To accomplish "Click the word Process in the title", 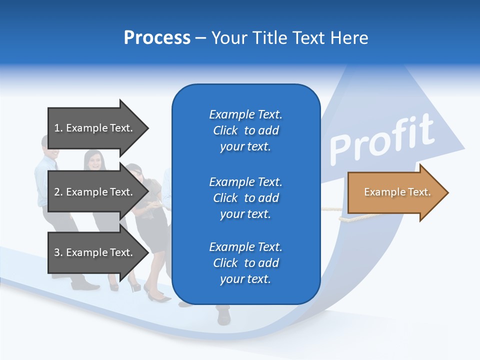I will pyautogui.click(x=157, y=38).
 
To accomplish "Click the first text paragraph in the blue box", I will pyautogui.click(x=245, y=130).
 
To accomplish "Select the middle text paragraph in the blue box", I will pyautogui.click(x=245, y=198).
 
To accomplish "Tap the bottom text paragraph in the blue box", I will pyautogui.click(x=245, y=263).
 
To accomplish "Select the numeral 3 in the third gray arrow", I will pyautogui.click(x=57, y=252).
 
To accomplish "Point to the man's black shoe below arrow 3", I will pyautogui.click(x=85, y=286).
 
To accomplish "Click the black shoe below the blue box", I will pyautogui.click(x=223, y=316).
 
